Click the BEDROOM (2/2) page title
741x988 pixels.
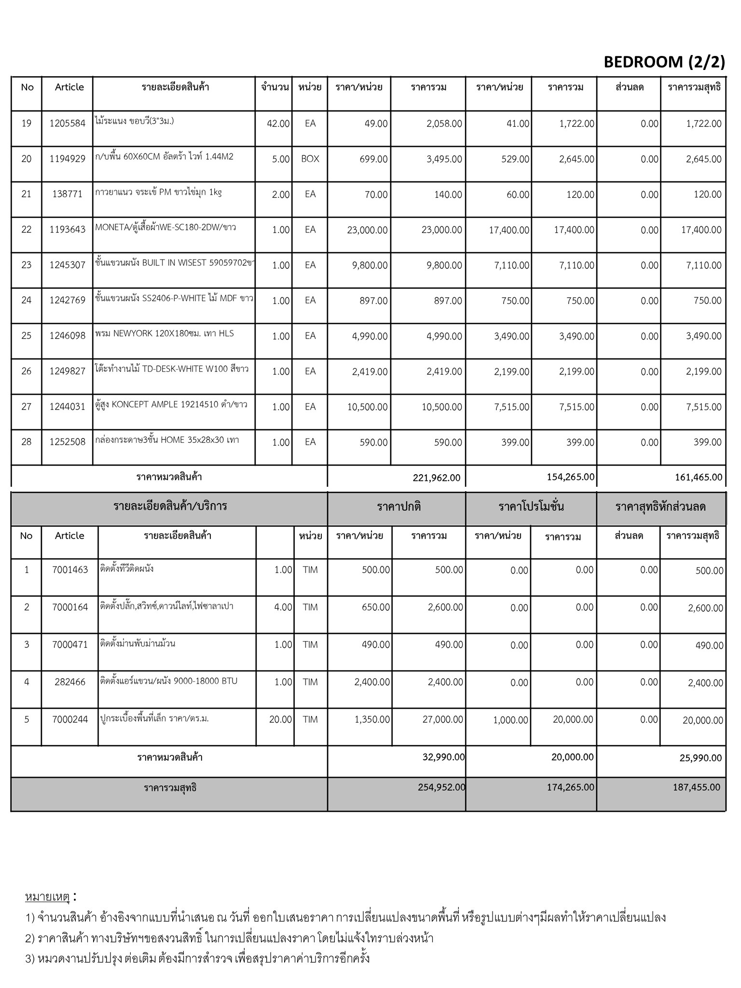click(x=664, y=62)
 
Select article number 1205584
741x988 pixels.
click(x=67, y=123)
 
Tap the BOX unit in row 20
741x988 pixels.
click(x=310, y=159)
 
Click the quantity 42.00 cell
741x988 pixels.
click(x=278, y=124)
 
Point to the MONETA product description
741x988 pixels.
click(x=165, y=227)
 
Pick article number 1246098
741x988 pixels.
click(x=67, y=336)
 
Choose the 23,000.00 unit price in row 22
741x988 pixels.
click(x=367, y=230)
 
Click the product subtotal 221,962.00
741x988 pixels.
click(x=437, y=478)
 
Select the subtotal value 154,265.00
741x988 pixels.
click(x=571, y=477)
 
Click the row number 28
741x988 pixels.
click(x=27, y=442)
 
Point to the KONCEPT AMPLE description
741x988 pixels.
click(x=171, y=405)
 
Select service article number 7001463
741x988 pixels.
click(x=70, y=570)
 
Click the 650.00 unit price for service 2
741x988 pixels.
click(x=376, y=607)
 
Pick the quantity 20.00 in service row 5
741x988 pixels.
click(x=280, y=719)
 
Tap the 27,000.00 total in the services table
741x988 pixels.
click(x=442, y=719)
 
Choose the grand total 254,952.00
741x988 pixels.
click(x=441, y=787)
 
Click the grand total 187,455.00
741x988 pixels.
click(x=696, y=787)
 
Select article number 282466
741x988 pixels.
click(x=70, y=682)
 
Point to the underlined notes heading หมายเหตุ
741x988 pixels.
click(x=48, y=897)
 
